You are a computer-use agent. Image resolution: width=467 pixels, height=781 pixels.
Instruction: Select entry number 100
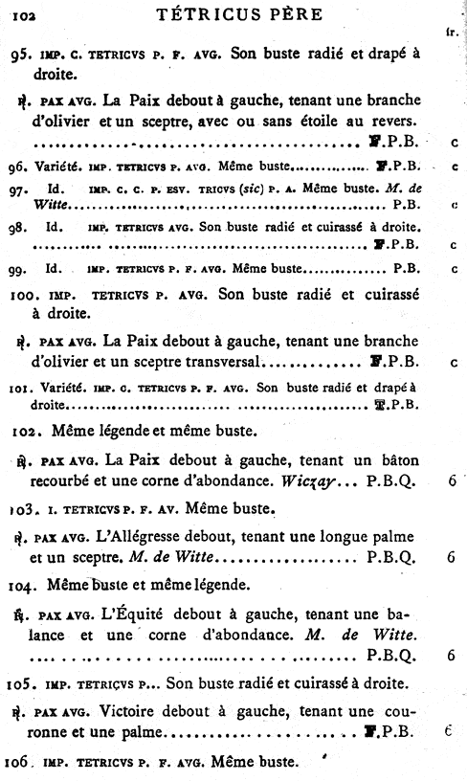pyautogui.click(x=29, y=295)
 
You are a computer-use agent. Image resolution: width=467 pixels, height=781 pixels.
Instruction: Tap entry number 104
pyautogui.click(x=29, y=584)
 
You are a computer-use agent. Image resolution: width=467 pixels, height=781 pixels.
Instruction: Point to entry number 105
pyautogui.click(x=29, y=683)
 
